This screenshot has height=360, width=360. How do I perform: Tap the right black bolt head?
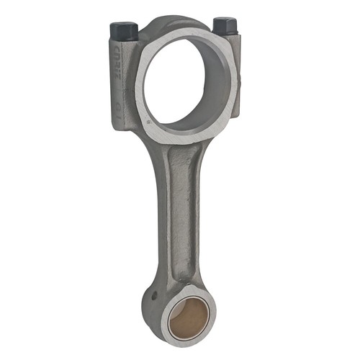[225, 26]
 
